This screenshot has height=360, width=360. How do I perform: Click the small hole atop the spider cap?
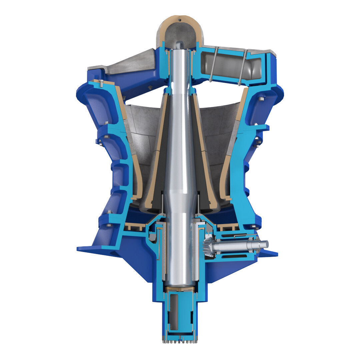180,20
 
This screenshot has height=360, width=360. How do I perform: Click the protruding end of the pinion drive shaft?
263,244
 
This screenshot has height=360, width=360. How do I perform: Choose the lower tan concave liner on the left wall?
137,177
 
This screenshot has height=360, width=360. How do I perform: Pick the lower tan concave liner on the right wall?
225,177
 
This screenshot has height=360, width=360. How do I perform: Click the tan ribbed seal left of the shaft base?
135,227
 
